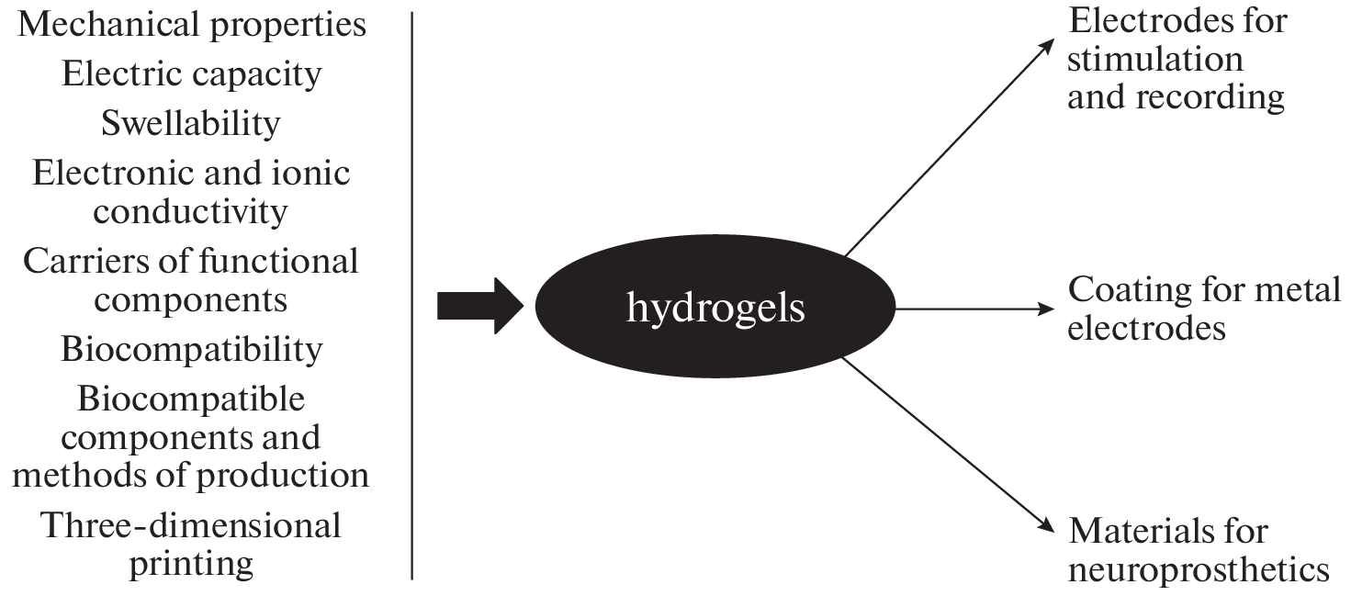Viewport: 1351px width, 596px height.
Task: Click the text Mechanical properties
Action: pyautogui.click(x=192, y=25)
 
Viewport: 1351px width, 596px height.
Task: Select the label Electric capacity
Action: pyautogui.click(x=192, y=73)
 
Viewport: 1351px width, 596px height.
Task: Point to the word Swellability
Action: pyautogui.click(x=191, y=122)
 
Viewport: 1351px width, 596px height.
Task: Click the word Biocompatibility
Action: pyautogui.click(x=192, y=349)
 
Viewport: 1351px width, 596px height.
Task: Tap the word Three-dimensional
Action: pyautogui.click(x=191, y=526)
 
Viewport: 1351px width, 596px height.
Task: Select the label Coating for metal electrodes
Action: pyautogui.click(x=1203, y=309)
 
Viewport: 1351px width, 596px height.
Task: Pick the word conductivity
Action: pyautogui.click(x=191, y=212)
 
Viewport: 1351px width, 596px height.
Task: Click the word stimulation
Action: pyautogui.click(x=1155, y=60)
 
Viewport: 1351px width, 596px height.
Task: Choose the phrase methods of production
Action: pyautogui.click(x=191, y=475)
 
